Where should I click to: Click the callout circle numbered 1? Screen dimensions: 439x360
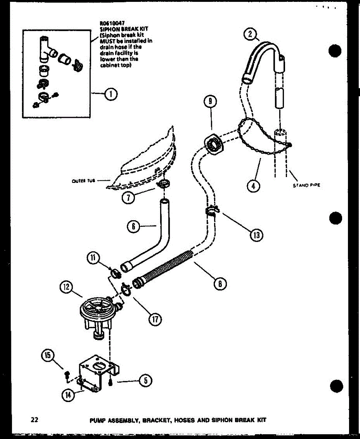click(x=109, y=94)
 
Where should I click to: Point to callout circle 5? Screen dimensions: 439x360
click(x=145, y=381)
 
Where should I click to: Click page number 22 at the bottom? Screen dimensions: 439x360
click(x=35, y=420)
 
